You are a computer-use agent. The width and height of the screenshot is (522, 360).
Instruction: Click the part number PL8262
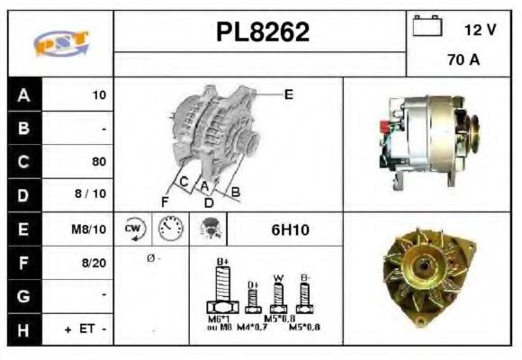(263, 32)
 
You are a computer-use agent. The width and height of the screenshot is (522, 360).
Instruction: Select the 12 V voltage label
(480, 29)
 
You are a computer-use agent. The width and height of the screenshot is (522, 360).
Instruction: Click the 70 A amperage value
(463, 61)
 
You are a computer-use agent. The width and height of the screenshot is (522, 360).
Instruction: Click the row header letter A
(22, 94)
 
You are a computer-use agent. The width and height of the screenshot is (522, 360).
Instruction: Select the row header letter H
(22, 330)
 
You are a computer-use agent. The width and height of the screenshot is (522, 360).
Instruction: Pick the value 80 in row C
(99, 162)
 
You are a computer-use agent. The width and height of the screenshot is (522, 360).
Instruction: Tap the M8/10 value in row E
(90, 229)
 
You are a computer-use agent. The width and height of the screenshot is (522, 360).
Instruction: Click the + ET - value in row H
(86, 330)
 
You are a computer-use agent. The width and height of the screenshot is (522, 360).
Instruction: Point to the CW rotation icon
(132, 229)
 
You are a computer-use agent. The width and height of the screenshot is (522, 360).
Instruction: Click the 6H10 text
(290, 229)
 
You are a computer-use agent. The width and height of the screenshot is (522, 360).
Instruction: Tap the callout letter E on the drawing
(288, 93)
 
